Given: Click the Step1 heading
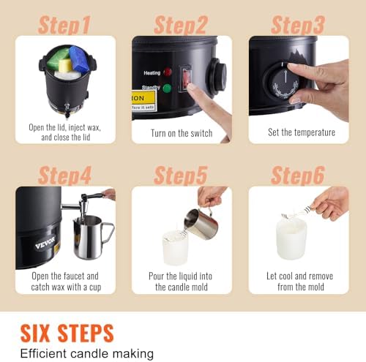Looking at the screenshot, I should click(64, 25).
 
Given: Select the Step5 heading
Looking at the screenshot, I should click(181, 175).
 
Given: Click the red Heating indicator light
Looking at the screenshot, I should click(168, 72).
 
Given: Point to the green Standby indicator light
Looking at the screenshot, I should click(168, 89).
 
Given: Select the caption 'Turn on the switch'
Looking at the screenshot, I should click(182, 133).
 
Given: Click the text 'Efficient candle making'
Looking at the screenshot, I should click(86, 353).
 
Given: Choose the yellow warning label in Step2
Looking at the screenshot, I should click(143, 99).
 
